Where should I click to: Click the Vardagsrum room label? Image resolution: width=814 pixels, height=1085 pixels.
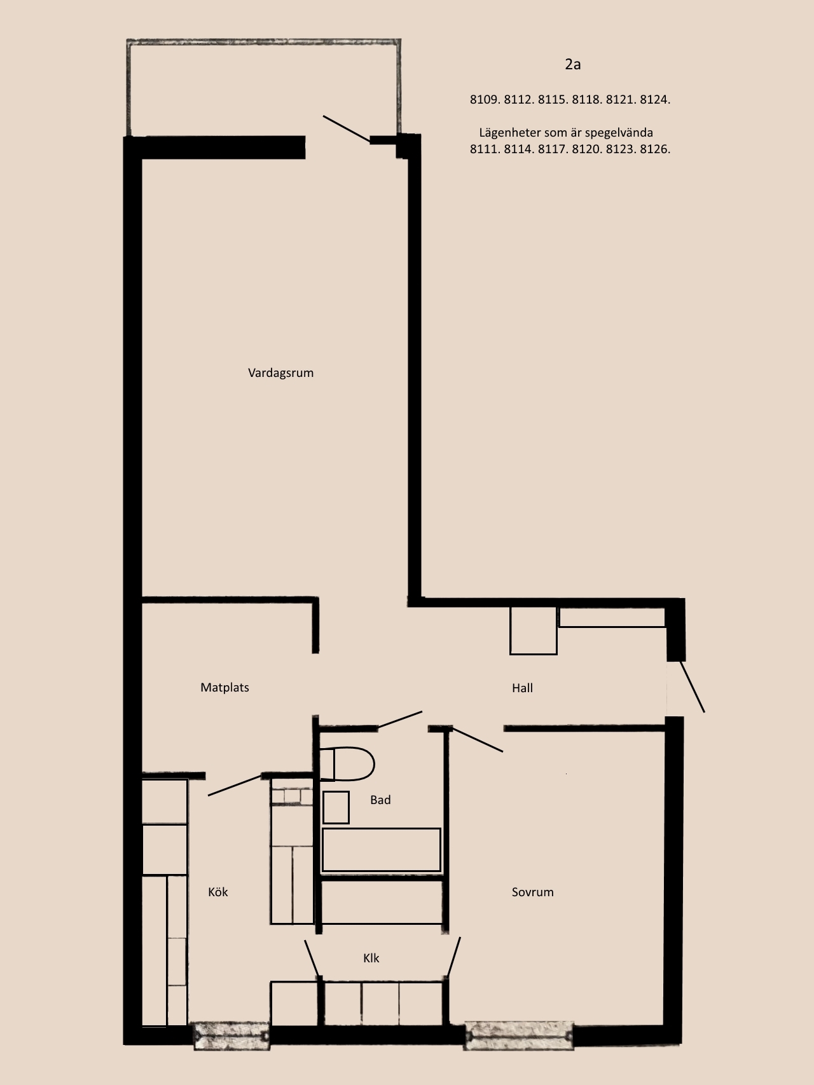point(280,373)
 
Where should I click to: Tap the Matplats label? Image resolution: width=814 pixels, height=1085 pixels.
point(224,688)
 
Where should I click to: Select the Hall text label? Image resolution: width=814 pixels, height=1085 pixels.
point(522,688)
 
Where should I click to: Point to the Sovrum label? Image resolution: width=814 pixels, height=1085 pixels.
point(532,892)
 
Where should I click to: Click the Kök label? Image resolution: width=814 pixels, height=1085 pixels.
point(217,892)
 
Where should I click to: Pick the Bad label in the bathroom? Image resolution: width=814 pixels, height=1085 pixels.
point(380,800)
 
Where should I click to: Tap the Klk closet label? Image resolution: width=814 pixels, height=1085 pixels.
point(371,958)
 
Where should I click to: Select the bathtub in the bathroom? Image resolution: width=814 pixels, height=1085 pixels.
point(381,850)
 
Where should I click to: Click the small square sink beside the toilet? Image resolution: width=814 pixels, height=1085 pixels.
point(336,807)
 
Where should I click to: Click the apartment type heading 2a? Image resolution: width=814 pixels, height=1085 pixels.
point(572,64)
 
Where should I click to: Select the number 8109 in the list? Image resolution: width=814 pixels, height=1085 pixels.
point(485,100)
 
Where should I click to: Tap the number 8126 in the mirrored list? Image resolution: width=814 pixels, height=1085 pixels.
point(655,149)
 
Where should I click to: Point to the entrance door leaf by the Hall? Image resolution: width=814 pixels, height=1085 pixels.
point(693,686)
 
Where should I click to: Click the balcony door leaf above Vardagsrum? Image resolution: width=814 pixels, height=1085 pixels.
point(347,129)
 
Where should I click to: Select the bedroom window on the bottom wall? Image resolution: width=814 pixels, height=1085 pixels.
point(519,1035)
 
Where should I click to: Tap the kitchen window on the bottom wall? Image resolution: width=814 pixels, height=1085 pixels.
point(231,1035)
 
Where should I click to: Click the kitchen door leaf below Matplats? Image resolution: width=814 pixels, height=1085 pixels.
point(235,785)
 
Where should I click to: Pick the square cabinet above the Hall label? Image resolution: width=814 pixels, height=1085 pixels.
point(534,630)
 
